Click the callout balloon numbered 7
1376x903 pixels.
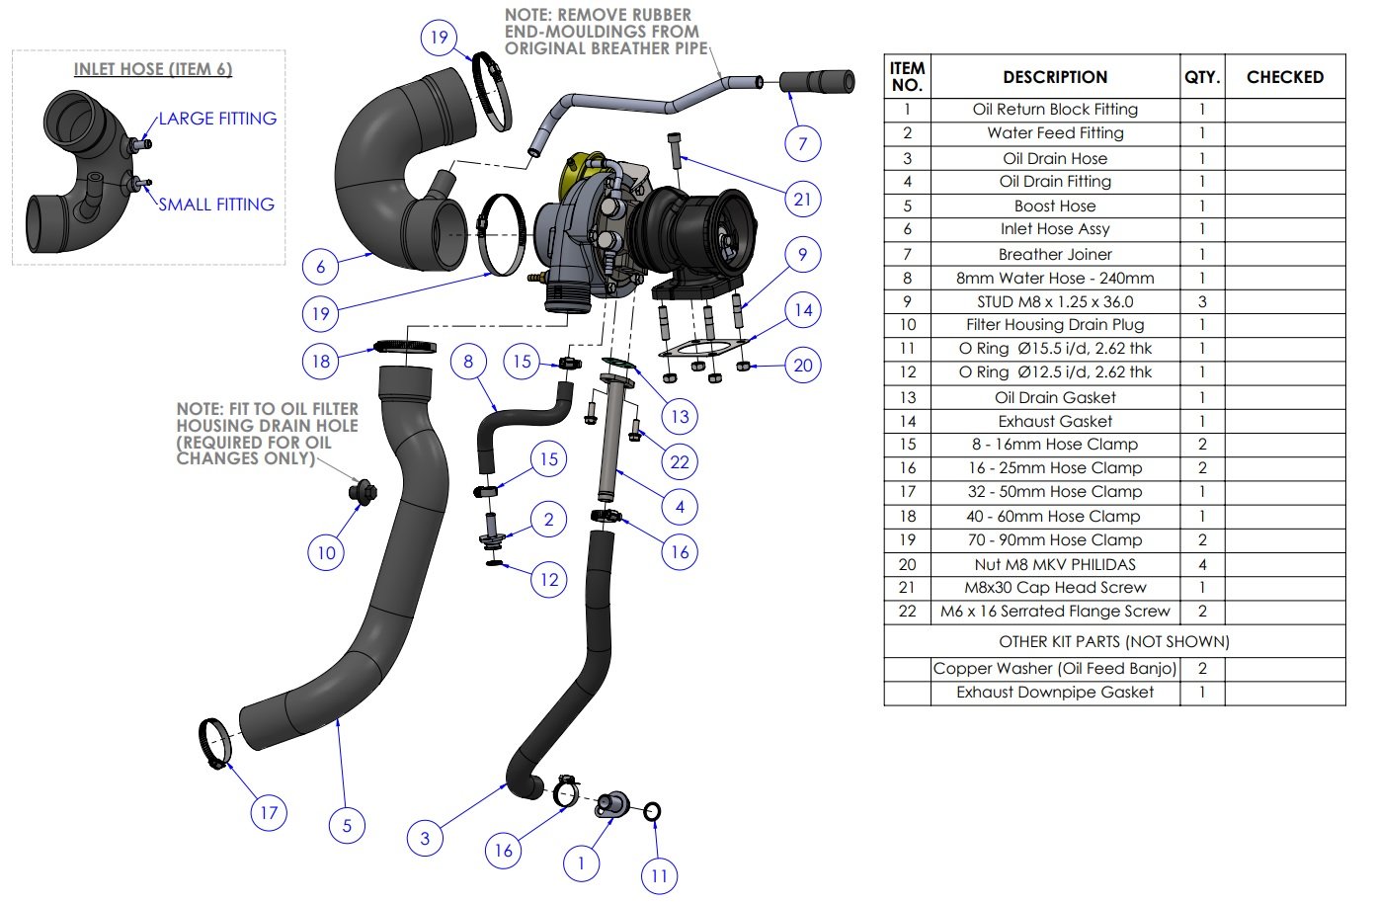click(x=802, y=143)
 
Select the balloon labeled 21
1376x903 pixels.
click(x=802, y=199)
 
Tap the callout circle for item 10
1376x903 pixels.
click(x=326, y=552)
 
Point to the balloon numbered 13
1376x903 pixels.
click(x=680, y=416)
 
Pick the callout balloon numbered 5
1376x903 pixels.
click(x=347, y=825)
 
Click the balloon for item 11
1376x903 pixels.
click(x=659, y=875)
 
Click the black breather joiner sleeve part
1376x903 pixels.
click(x=818, y=81)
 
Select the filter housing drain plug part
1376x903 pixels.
click(x=361, y=491)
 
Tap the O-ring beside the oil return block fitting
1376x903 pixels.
click(x=652, y=812)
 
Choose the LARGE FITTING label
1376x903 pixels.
click(x=217, y=119)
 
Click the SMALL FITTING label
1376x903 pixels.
click(x=216, y=205)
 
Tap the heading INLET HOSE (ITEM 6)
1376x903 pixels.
click(x=153, y=69)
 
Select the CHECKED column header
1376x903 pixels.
click(x=1284, y=77)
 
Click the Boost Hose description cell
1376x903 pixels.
click(x=1054, y=205)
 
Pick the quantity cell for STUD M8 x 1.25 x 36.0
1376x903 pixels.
click(x=1201, y=301)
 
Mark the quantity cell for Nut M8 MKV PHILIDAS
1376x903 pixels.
click(x=1201, y=564)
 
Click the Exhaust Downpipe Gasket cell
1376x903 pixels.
click(x=1054, y=693)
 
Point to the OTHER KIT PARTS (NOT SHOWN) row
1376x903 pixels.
click(x=1113, y=641)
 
